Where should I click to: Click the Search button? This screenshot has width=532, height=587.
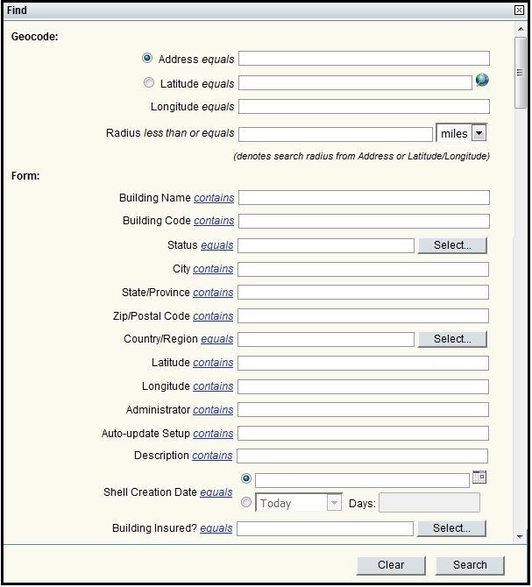[x=470, y=565]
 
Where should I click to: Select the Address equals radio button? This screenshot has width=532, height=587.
[x=147, y=59]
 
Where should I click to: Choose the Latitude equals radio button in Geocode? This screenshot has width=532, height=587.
[x=148, y=83]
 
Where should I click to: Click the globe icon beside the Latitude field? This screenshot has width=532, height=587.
[x=482, y=81]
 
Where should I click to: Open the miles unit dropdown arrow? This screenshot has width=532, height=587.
[x=479, y=133]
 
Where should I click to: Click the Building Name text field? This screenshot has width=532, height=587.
[x=364, y=198]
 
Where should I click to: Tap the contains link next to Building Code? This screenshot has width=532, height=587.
[x=214, y=222]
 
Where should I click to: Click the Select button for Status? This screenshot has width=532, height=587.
[x=452, y=245]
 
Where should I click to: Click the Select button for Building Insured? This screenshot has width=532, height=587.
[x=452, y=528]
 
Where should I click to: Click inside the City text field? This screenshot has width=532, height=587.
[x=364, y=269]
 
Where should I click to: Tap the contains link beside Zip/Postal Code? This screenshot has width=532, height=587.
[x=213, y=316]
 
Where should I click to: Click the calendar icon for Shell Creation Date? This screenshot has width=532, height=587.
[x=479, y=477]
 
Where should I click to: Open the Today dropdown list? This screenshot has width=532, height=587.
[x=334, y=503]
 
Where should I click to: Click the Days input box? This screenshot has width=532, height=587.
[x=429, y=503]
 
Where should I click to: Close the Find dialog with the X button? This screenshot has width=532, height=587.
[x=519, y=10]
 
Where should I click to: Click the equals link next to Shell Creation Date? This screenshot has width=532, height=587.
[x=216, y=492]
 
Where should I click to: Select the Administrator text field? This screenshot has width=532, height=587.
[x=364, y=410]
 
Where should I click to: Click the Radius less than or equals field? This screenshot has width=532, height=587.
[x=335, y=134]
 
